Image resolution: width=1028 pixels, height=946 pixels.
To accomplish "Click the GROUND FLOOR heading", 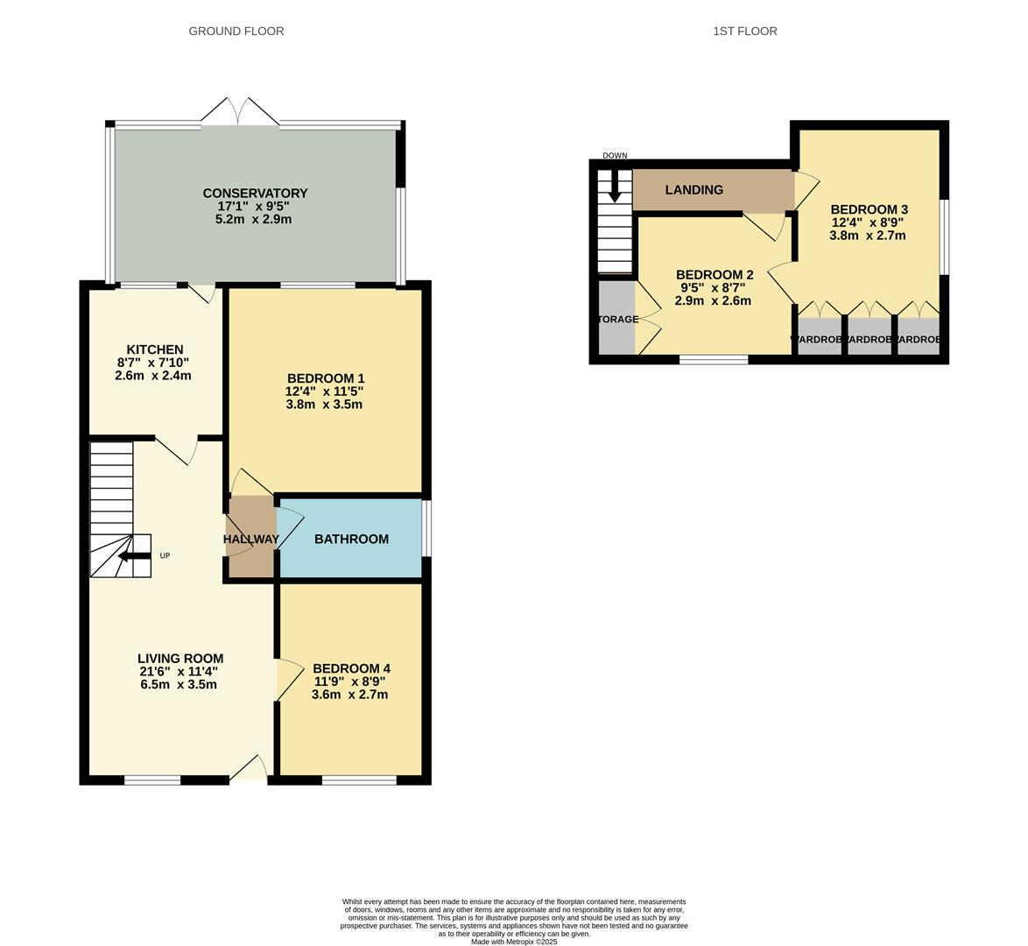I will click(236, 31).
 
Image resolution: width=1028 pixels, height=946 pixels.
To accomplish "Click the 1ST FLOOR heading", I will click(744, 31).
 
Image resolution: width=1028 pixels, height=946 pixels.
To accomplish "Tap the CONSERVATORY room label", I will click(255, 193).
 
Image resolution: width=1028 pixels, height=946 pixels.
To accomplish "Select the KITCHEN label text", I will click(154, 349).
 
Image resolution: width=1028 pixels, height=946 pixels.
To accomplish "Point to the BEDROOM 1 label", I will click(324, 377).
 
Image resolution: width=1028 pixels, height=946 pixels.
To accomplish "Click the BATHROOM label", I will click(351, 539).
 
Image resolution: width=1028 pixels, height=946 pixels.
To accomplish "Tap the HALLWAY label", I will click(251, 539).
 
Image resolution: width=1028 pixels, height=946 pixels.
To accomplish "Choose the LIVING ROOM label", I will click(180, 659).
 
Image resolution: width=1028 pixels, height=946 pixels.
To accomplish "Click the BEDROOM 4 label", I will click(350, 668).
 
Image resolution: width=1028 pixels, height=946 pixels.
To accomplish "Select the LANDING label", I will click(694, 190).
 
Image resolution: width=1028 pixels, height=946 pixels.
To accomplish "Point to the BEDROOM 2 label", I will click(715, 274).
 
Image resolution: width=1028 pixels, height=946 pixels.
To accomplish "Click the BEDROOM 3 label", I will click(869, 209).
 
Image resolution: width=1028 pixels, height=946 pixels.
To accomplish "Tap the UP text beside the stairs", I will click(165, 556).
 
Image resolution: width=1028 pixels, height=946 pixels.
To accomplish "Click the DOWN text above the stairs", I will click(615, 156).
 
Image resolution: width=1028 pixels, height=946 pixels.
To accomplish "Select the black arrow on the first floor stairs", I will click(615, 187).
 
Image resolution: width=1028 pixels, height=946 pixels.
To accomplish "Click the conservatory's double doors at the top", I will click(240, 112).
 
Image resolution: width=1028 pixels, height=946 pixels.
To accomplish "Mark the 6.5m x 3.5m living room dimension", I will click(179, 684).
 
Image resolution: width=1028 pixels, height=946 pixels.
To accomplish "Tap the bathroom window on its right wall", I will click(426, 527).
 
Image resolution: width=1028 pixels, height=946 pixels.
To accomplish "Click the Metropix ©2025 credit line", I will click(513, 942).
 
